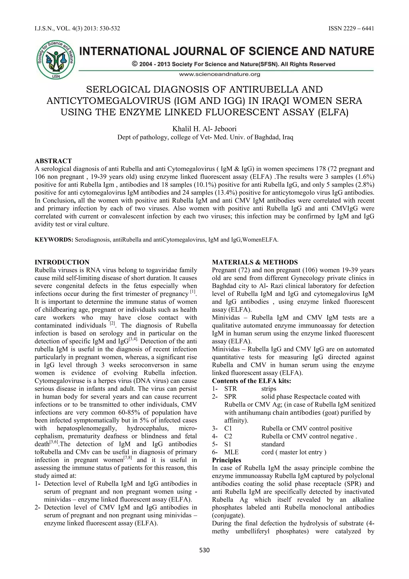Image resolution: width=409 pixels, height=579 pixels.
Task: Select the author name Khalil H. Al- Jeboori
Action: click(x=204, y=129)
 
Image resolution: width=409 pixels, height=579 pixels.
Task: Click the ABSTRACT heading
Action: click(x=53, y=161)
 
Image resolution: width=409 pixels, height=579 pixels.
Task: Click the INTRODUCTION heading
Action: click(x=62, y=262)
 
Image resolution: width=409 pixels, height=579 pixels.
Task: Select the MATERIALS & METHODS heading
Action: click(x=255, y=262)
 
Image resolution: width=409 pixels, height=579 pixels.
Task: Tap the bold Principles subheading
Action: click(x=226, y=460)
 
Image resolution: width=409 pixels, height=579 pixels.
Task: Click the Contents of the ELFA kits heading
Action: click(x=251, y=381)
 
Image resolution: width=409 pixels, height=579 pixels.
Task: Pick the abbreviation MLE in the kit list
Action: click(x=231, y=452)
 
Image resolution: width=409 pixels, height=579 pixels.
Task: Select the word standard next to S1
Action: click(x=273, y=444)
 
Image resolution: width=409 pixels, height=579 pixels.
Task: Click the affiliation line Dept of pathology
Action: click(x=205, y=137)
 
